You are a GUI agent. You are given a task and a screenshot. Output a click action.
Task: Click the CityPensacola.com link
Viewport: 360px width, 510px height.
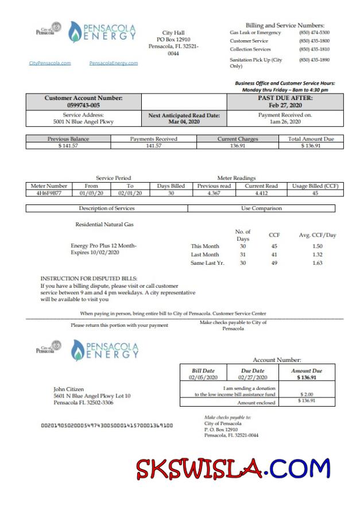click(50, 63)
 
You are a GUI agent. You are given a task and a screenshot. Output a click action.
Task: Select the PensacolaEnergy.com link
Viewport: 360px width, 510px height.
click(114, 63)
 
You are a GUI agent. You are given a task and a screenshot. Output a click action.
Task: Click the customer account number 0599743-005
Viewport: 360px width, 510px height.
click(83, 106)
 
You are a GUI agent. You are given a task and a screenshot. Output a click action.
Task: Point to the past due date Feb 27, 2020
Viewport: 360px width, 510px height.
click(285, 106)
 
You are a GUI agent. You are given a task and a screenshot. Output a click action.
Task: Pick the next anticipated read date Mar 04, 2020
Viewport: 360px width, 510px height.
click(184, 122)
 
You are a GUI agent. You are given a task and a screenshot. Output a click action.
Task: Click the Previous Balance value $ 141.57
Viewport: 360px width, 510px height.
click(68, 146)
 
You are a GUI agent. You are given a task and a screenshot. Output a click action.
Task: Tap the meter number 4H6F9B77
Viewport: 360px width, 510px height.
click(49, 194)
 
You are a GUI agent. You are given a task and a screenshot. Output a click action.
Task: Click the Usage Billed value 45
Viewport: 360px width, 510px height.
click(315, 194)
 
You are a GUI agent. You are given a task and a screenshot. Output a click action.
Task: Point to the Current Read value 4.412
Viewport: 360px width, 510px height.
click(261, 194)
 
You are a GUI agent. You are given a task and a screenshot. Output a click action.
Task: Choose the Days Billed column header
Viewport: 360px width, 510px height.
click(171, 186)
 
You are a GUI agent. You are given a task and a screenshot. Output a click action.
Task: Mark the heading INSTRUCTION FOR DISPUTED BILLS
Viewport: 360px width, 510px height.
click(88, 279)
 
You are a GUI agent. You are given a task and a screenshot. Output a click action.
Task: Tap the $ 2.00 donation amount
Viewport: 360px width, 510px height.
click(307, 395)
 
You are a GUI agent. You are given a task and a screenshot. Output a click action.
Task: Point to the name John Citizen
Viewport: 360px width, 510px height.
click(68, 389)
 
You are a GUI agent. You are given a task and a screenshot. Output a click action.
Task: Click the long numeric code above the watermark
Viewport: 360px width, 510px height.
click(107, 426)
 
